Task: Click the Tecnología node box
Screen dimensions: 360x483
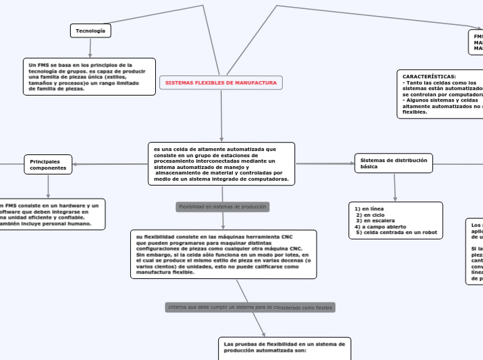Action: click(90, 31)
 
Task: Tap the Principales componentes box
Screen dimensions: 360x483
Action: click(48, 164)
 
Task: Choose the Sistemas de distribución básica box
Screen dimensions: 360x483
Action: click(394, 163)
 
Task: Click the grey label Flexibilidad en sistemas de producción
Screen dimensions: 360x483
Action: click(222, 207)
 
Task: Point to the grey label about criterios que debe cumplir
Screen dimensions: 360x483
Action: click(250, 307)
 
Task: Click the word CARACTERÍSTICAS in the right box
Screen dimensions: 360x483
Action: click(429, 76)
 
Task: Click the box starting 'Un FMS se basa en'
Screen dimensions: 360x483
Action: click(89, 77)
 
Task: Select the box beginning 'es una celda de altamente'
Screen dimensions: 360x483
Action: click(221, 164)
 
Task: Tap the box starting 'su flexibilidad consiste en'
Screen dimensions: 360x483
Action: click(223, 254)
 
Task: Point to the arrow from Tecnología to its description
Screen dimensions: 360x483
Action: click(90, 48)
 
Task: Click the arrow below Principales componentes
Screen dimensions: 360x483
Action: click(48, 186)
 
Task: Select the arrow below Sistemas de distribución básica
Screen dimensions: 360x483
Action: click(395, 187)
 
